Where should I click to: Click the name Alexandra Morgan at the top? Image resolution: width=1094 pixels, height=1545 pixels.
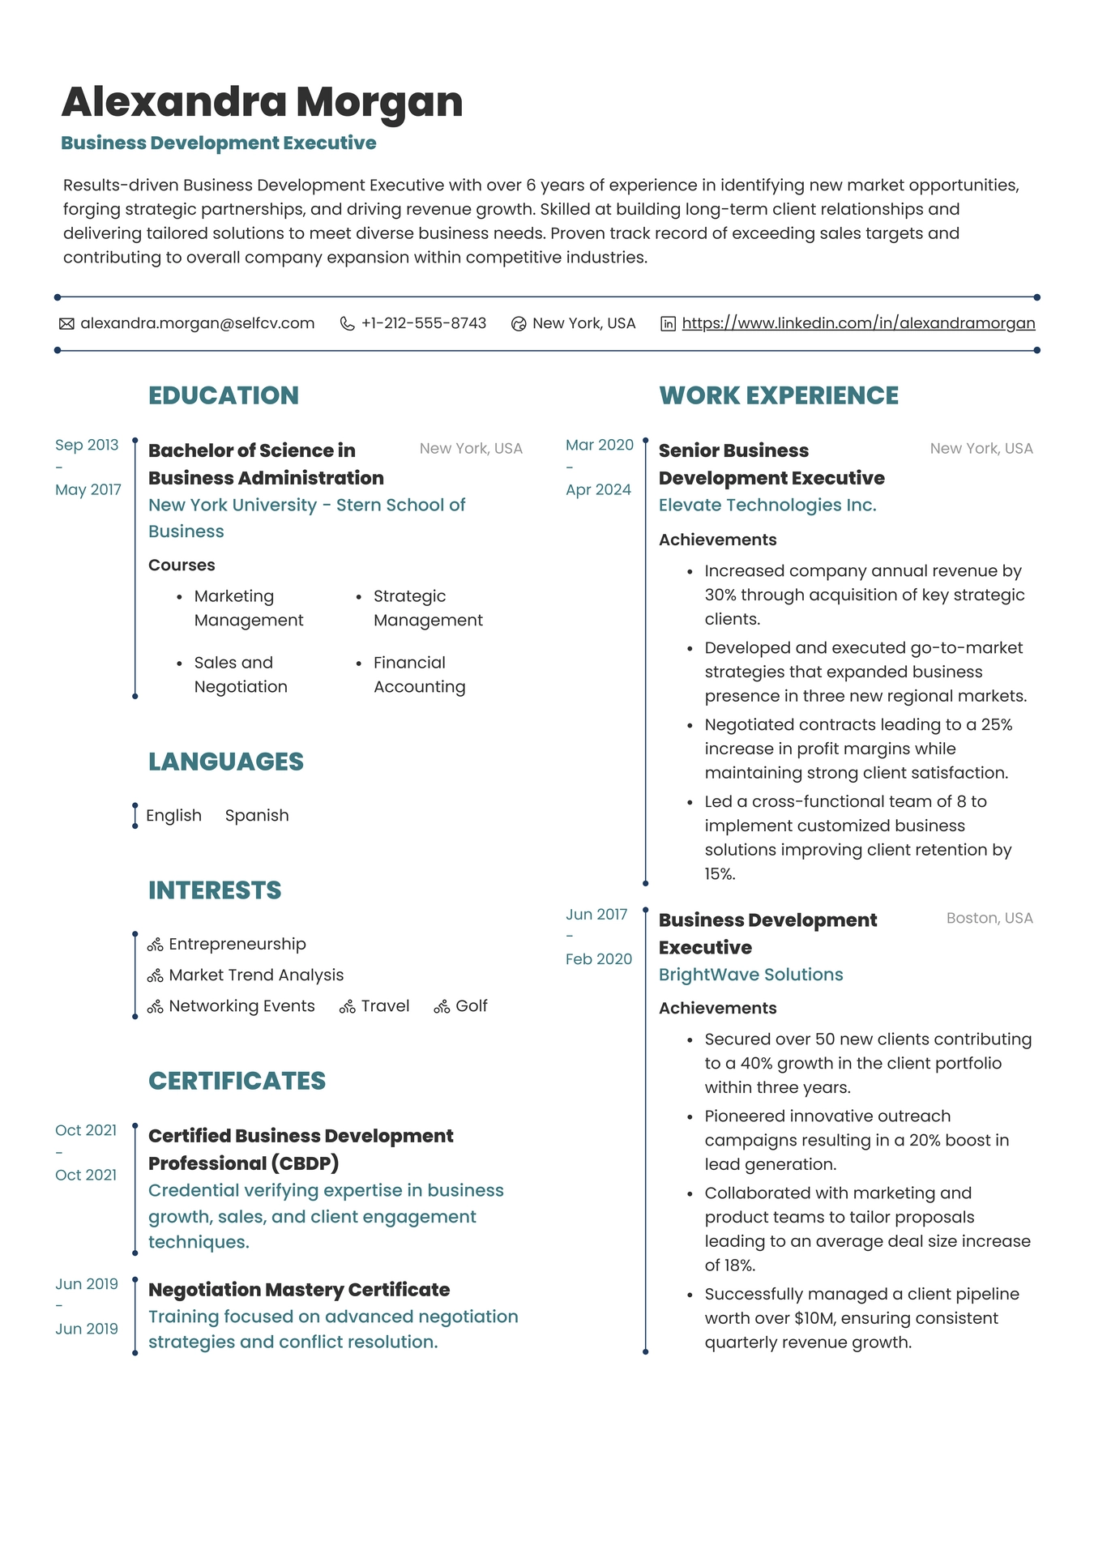[262, 102]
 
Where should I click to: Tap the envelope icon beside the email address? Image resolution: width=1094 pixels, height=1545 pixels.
[66, 324]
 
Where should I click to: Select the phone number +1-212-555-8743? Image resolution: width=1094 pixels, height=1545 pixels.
[423, 323]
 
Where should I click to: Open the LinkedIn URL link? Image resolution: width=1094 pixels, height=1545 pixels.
[858, 323]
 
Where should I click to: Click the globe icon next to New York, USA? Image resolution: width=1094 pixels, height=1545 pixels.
[519, 324]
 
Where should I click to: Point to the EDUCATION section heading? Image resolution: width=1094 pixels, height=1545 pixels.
[224, 395]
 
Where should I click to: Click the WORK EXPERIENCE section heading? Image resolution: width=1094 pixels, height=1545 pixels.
[778, 395]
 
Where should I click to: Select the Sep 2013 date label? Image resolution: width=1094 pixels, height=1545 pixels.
[87, 445]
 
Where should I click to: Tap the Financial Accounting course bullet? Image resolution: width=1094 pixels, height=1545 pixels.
[419, 674]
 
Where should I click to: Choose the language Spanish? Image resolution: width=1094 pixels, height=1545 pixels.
[257, 815]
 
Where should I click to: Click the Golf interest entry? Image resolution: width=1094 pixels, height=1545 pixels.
[471, 1006]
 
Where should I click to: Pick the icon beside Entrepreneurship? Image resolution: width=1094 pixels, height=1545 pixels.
[156, 945]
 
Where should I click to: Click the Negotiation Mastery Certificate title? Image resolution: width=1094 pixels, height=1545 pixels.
[299, 1289]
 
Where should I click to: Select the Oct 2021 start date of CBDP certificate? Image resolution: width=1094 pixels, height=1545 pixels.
[86, 1130]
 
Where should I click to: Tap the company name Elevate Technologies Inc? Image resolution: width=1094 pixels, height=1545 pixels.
[767, 505]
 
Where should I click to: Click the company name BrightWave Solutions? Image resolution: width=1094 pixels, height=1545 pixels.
[750, 975]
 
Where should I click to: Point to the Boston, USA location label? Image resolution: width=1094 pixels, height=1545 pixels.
[989, 918]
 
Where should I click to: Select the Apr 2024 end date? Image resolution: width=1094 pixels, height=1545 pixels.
[598, 489]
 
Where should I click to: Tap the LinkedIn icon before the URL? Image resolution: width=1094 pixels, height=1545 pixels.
[668, 324]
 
